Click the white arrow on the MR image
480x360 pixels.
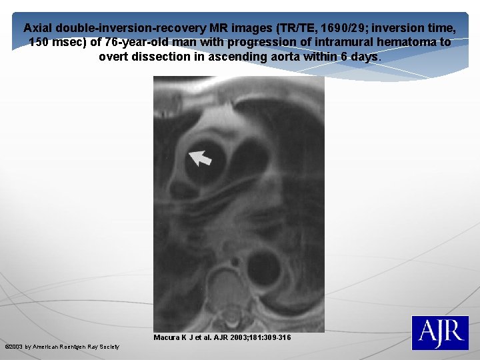point(200,157)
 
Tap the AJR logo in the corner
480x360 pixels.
point(439,333)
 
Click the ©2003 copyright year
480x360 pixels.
point(14,347)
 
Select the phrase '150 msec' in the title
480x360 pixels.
point(55,42)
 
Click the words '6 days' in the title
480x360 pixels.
point(361,56)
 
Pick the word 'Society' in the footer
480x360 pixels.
point(109,347)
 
